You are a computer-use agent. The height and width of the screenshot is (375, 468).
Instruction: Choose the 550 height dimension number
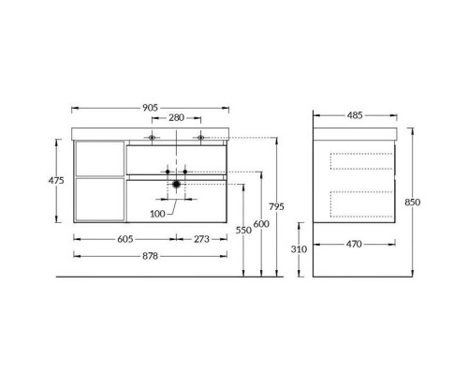(244, 228)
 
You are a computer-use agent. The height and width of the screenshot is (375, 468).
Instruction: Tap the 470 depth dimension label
(357, 244)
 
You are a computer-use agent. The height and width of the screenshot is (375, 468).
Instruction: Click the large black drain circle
(175, 185)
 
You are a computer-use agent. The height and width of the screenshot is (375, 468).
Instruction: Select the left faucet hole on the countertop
(150, 138)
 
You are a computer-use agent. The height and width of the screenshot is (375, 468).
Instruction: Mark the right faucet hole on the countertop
(200, 138)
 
